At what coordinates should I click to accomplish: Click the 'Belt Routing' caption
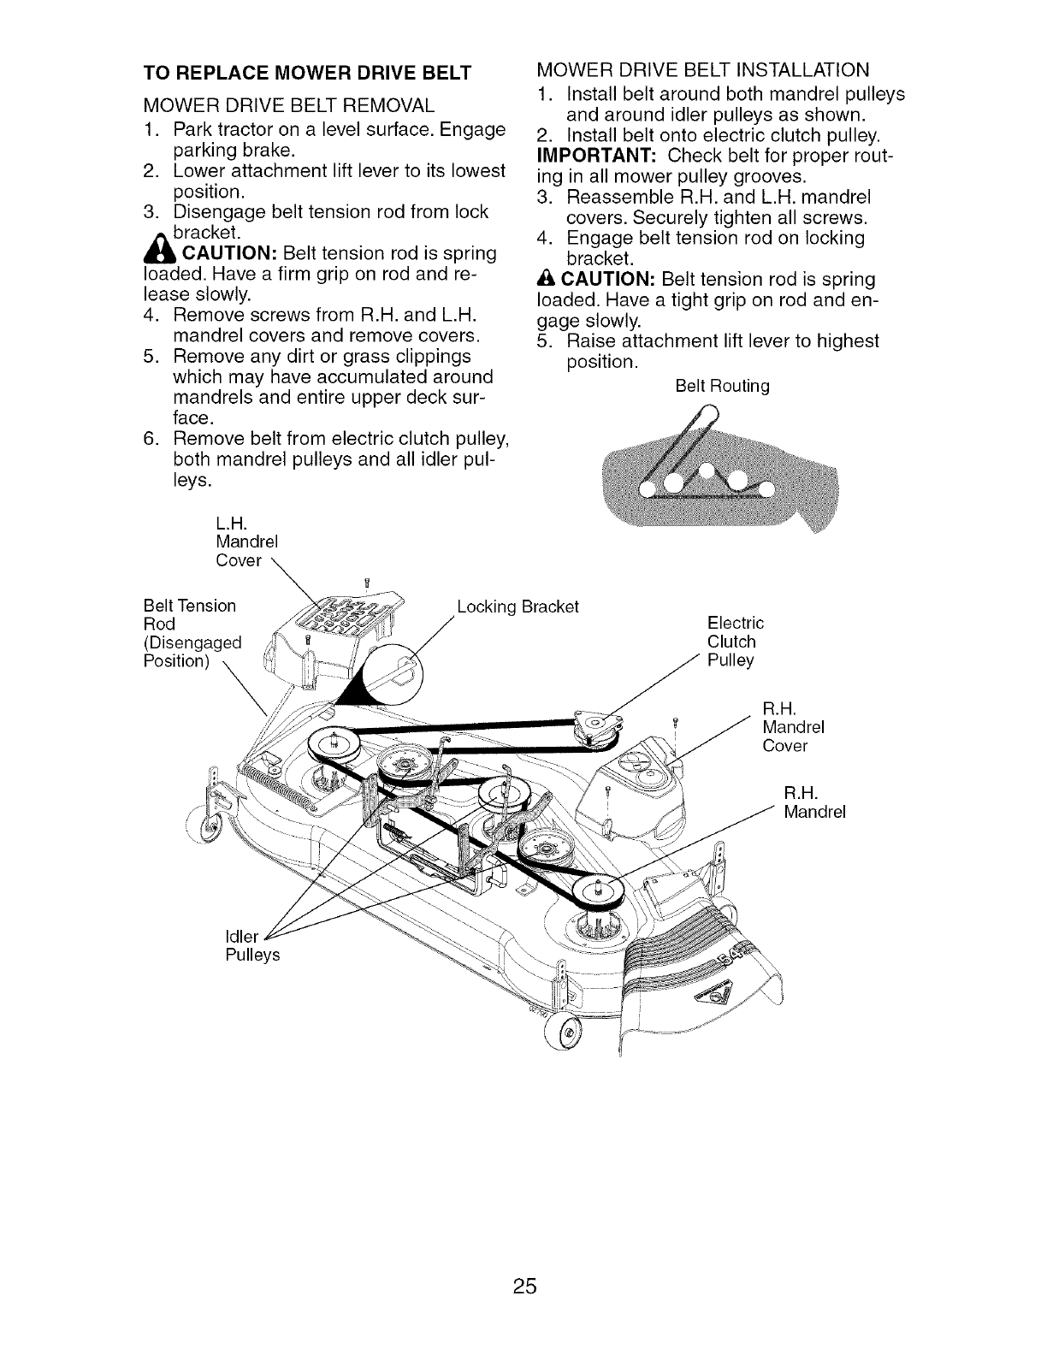(x=722, y=387)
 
